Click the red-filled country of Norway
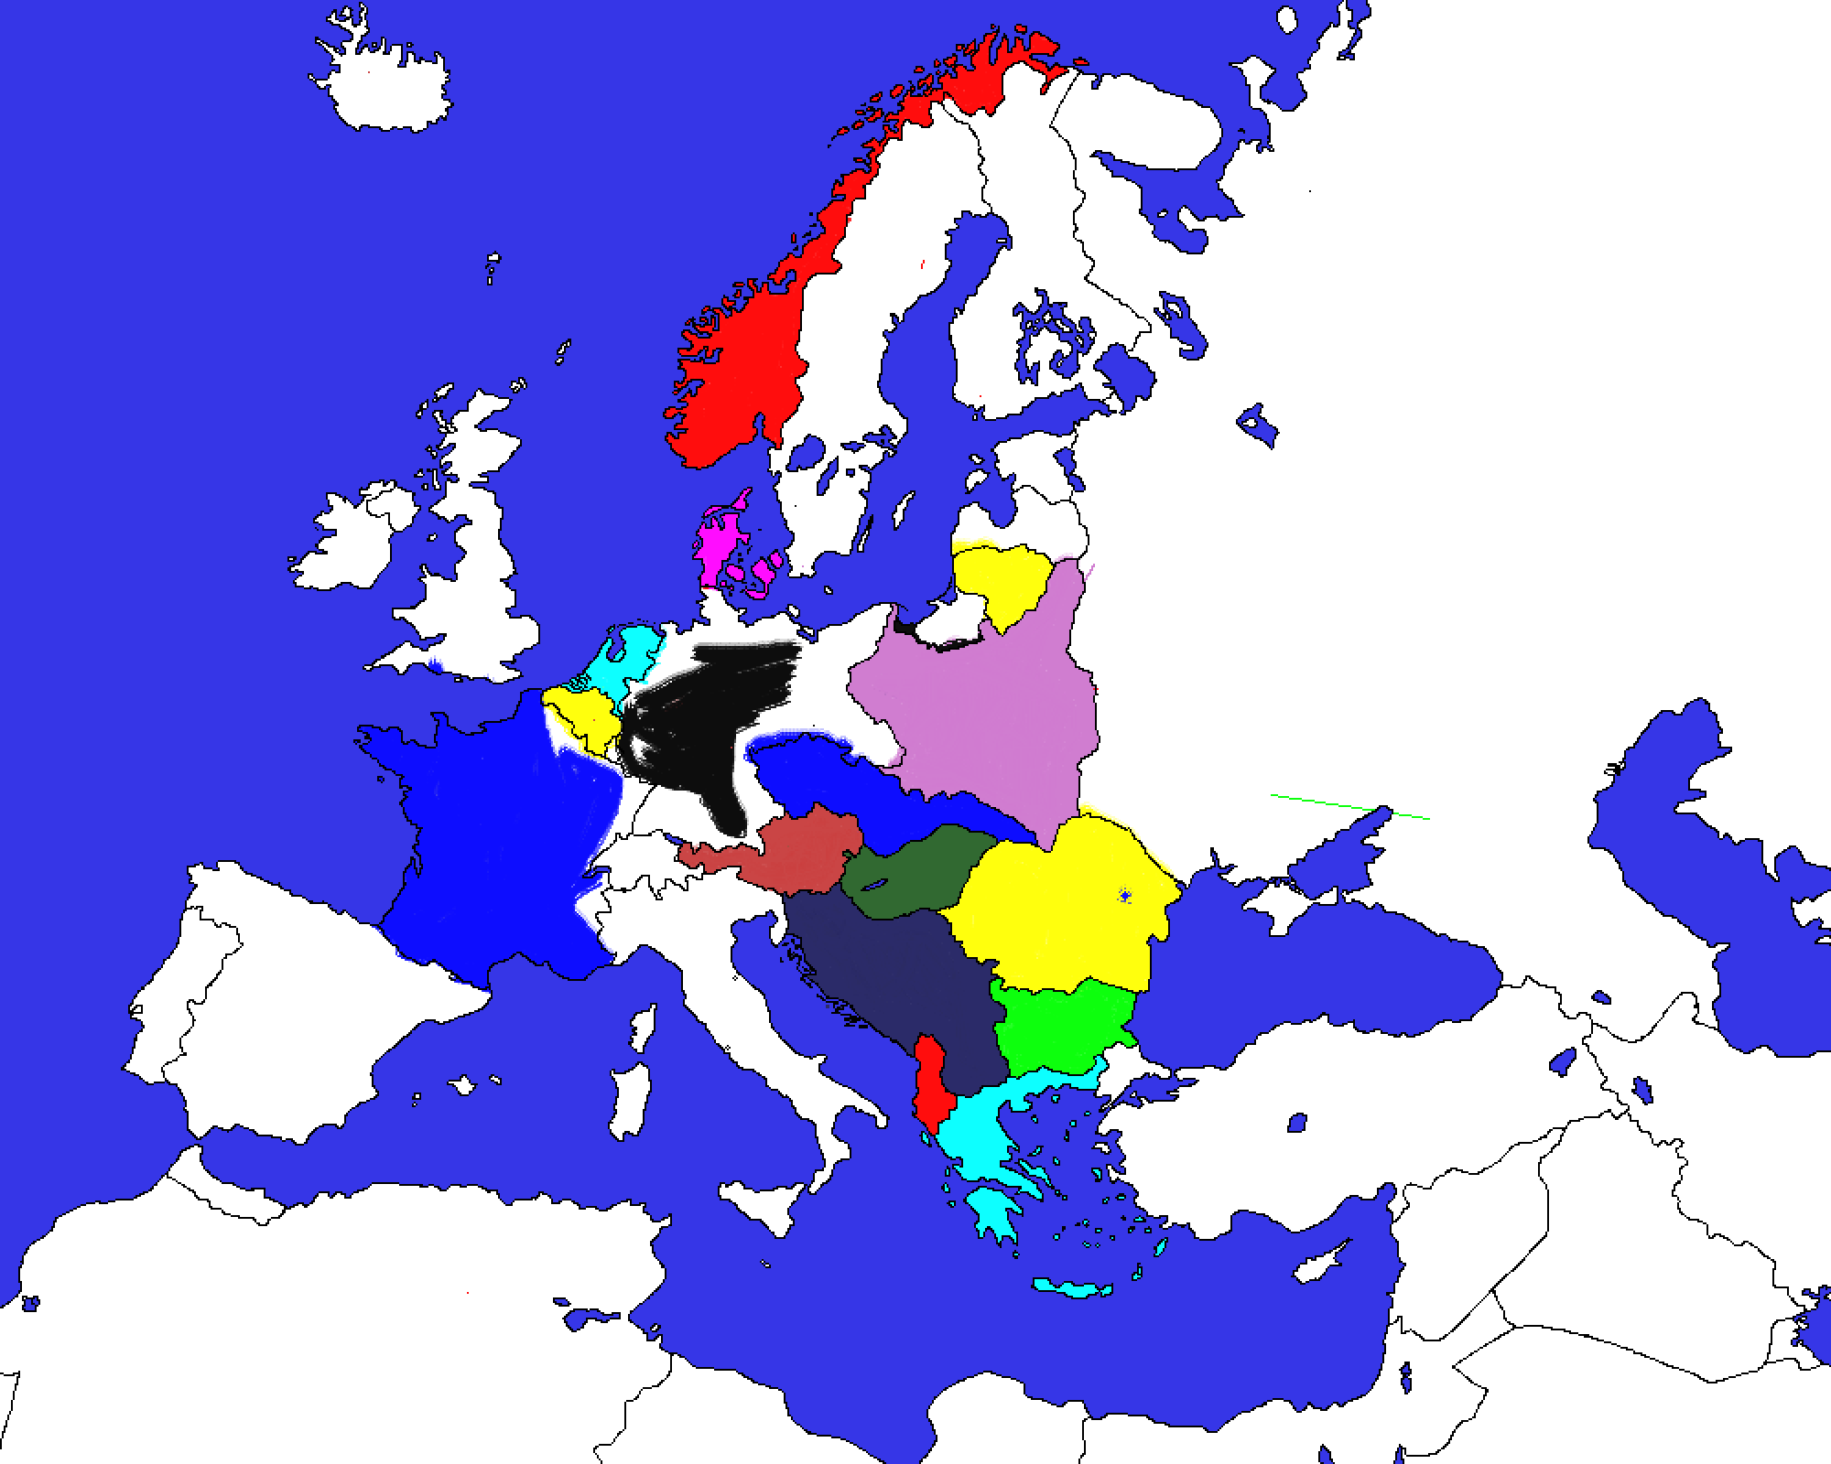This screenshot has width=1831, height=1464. click(742, 366)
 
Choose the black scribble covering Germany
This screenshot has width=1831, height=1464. click(696, 723)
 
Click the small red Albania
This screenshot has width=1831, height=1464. click(931, 1084)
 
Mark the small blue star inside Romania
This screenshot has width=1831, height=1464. click(1125, 896)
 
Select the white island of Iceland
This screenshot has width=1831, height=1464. click(385, 82)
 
